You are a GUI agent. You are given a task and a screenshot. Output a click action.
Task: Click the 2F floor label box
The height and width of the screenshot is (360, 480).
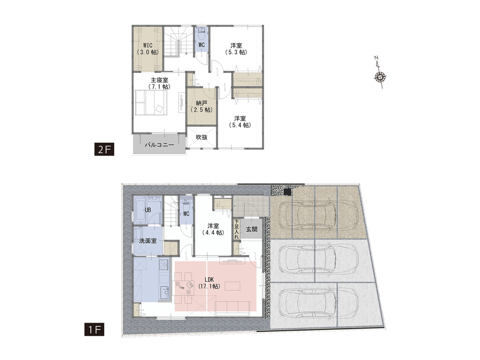(104, 150)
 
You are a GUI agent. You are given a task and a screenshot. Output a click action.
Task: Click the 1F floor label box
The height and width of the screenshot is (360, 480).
(94, 330)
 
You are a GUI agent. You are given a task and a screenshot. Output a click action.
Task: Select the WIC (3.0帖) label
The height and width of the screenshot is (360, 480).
(148, 49)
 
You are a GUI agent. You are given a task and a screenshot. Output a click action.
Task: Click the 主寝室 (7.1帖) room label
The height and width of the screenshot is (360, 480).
(159, 84)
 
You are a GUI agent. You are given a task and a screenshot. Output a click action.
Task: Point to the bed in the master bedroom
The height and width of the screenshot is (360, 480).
(151, 103)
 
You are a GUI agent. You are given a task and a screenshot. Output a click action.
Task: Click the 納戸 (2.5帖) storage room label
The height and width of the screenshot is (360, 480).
(202, 107)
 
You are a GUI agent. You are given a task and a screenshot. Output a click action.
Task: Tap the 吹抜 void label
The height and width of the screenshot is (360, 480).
(202, 137)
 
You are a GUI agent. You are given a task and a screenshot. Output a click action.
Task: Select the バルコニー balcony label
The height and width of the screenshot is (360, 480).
(159, 145)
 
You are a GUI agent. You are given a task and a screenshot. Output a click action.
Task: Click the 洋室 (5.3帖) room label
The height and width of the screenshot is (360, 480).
(236, 49)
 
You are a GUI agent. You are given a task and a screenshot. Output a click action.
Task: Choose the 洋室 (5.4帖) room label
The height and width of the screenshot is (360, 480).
(240, 122)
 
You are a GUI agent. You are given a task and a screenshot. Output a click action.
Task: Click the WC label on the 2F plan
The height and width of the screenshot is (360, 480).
(202, 45)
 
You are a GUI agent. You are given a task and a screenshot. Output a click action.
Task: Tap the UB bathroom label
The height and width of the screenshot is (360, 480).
(148, 210)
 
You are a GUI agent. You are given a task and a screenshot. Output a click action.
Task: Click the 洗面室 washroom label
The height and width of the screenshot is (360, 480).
(148, 241)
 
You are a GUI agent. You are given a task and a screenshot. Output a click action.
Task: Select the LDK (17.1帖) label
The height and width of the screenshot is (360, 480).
(209, 283)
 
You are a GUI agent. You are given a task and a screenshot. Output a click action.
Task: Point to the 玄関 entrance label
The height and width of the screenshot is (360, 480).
(251, 229)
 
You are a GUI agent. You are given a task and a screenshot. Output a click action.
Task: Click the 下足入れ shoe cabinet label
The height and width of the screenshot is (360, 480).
(236, 229)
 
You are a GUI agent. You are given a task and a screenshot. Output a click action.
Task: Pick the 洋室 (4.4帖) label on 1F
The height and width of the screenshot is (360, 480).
(213, 229)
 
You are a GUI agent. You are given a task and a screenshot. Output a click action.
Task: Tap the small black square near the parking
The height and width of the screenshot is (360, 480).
(287, 192)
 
